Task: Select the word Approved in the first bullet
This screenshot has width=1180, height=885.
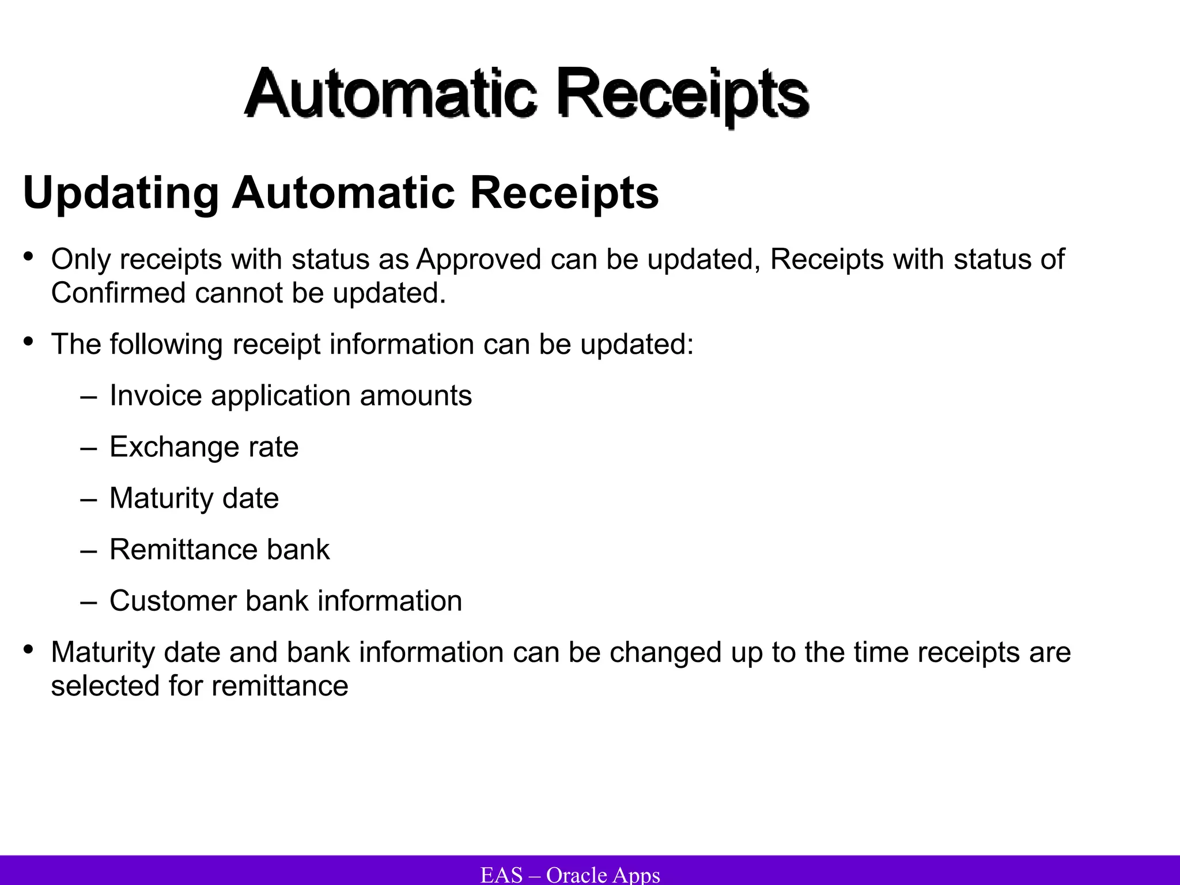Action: pos(478,259)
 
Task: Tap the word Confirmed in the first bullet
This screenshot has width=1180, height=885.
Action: pos(118,293)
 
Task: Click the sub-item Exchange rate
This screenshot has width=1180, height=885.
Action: pos(204,447)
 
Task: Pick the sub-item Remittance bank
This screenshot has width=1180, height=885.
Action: pos(220,550)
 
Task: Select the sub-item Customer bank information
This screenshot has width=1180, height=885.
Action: pos(286,601)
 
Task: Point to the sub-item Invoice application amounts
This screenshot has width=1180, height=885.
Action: pos(290,396)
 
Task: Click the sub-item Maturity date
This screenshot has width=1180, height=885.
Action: pos(194,498)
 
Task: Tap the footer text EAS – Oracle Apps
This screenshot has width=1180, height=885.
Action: pos(570,875)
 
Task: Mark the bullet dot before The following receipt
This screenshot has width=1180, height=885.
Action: pos(28,342)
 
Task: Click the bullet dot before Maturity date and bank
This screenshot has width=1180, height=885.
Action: pos(28,650)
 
